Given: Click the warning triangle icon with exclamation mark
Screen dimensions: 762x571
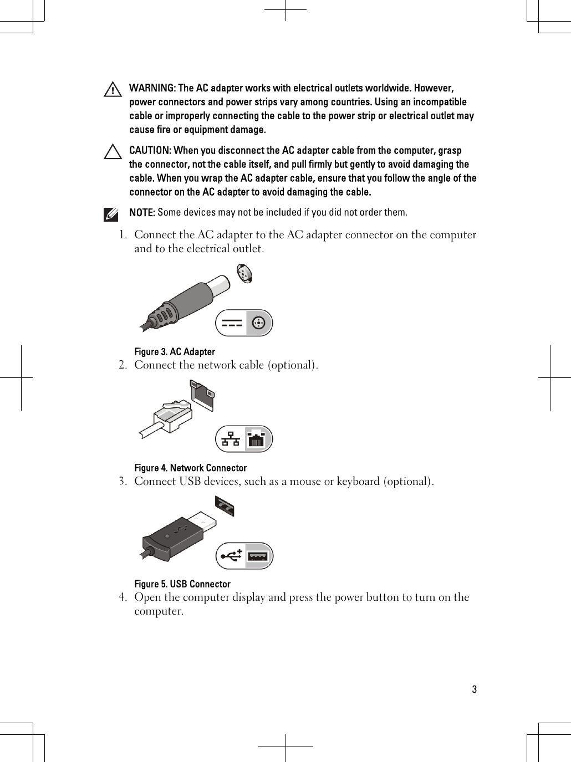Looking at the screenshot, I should click(x=113, y=90).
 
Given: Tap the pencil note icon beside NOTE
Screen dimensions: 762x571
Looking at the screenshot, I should click(x=111, y=214).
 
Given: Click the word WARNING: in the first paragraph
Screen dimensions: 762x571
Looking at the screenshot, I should click(x=152, y=89).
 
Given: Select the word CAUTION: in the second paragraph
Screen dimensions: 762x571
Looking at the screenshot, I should click(x=150, y=151).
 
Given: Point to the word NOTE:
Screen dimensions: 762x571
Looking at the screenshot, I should click(x=142, y=213).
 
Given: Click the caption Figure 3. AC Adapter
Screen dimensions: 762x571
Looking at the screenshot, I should click(x=175, y=352).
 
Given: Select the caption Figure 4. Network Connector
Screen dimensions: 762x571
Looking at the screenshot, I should click(x=190, y=468).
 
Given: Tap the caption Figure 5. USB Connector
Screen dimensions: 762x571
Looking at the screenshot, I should click(x=182, y=584).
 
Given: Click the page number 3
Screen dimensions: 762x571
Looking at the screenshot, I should click(x=474, y=690).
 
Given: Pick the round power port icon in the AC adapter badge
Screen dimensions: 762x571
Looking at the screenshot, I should click(x=259, y=323).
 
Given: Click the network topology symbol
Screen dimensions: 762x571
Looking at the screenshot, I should click(x=231, y=439).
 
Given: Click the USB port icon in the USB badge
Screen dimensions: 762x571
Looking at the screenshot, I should click(x=258, y=556).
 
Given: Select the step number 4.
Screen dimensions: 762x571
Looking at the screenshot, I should click(x=122, y=597).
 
